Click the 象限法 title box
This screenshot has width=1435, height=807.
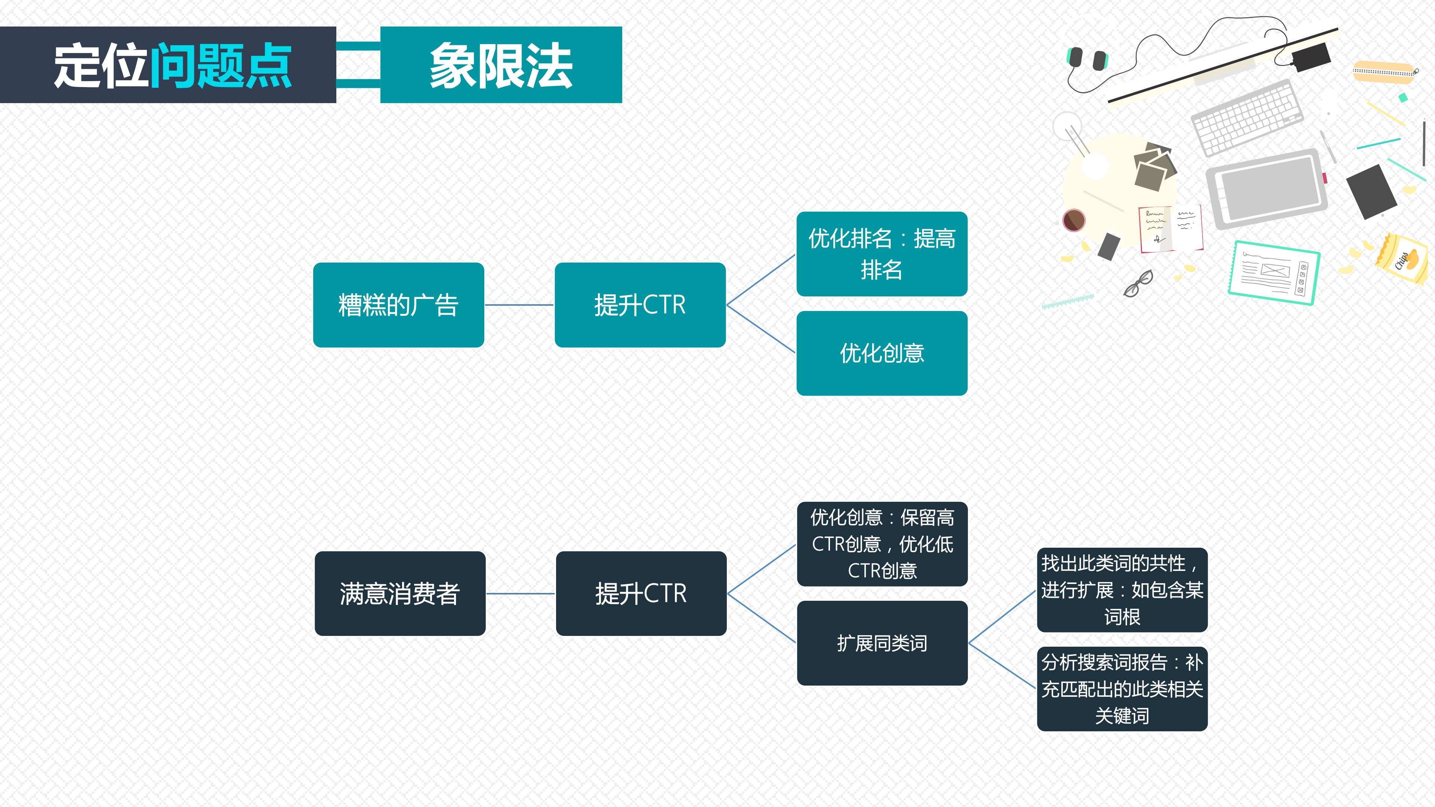[x=501, y=65]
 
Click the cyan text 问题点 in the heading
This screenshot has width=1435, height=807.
[x=220, y=66]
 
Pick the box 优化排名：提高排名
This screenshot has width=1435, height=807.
[x=882, y=254]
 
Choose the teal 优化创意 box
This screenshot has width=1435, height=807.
[x=882, y=353]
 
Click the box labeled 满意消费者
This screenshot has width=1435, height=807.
[x=400, y=593]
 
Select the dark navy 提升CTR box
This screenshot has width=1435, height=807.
[x=641, y=593]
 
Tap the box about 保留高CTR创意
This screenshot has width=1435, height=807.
[x=882, y=544]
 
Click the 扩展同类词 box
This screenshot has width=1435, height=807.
[x=882, y=643]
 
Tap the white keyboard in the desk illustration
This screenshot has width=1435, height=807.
[x=1247, y=118]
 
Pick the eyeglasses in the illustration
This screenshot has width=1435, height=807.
[x=1138, y=284]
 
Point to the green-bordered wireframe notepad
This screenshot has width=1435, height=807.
[x=1274, y=272]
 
